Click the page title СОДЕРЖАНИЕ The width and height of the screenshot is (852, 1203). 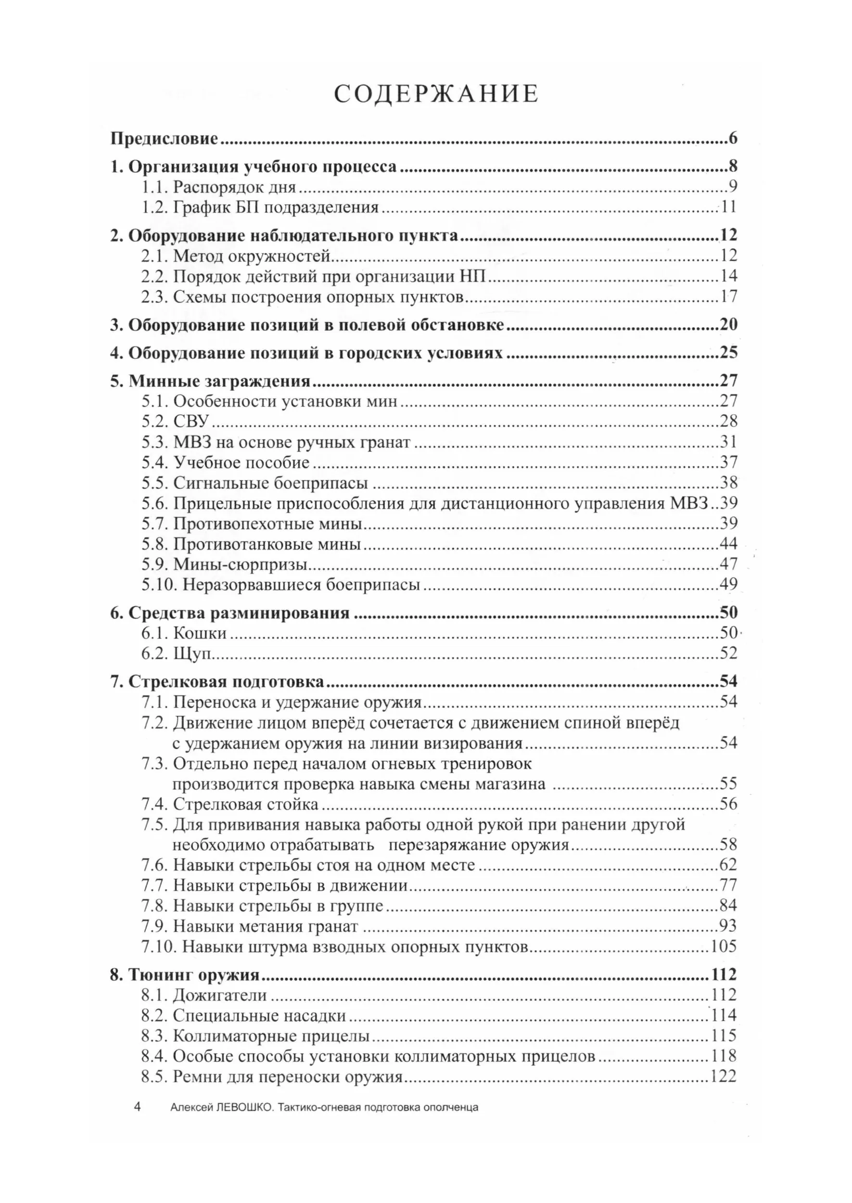[x=436, y=94]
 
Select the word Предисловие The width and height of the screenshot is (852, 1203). [x=164, y=139]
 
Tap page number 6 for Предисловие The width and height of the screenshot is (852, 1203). [x=732, y=139]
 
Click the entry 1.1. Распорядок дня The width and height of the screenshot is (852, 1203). [x=219, y=187]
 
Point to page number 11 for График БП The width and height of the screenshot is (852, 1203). [x=728, y=207]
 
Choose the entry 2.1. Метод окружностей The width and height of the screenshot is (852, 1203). [x=236, y=256]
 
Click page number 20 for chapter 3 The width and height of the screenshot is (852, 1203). [x=728, y=325]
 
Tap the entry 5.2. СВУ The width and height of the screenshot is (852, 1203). [x=175, y=421]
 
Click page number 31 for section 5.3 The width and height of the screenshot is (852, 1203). [x=728, y=442]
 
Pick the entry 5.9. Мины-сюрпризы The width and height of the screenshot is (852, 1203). [x=224, y=564]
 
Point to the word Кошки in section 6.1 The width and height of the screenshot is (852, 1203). [x=200, y=633]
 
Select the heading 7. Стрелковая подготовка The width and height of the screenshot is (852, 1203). [x=217, y=682]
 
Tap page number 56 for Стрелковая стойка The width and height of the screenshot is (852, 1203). [x=728, y=804]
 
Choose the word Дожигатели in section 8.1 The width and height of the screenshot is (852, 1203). [x=220, y=995]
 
